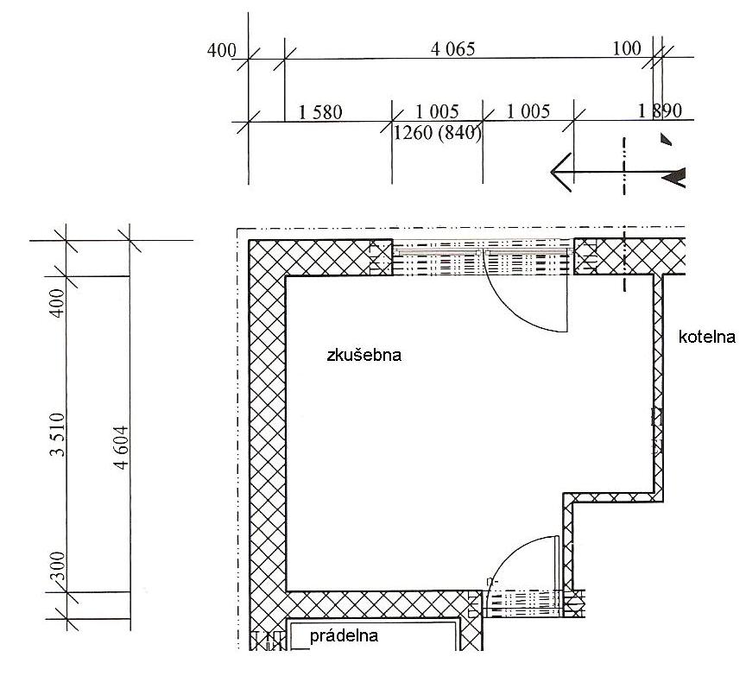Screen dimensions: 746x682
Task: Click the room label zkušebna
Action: pos(364,356)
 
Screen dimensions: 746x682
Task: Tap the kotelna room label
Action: pos(706,338)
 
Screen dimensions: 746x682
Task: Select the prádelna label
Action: pos(344,636)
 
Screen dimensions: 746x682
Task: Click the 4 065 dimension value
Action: pos(453,49)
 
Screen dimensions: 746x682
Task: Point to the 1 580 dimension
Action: pos(320,113)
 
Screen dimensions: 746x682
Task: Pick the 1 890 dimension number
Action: pos(660,111)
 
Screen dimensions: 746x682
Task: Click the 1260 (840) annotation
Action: pos(437,133)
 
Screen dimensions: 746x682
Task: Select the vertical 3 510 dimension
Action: pos(57,434)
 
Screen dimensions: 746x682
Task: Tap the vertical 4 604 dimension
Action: pos(122,447)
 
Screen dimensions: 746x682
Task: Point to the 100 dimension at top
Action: pos(627,48)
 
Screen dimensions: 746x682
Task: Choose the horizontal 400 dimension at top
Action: pos(222,50)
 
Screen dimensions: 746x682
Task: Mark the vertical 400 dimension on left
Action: pos(57,303)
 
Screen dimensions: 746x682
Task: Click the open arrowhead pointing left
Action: pos(561,172)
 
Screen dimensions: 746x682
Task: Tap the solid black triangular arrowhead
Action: pos(674,178)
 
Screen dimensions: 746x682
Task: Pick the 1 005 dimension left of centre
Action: pos(437,111)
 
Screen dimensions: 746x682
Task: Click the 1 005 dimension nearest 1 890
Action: pos(528,111)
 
